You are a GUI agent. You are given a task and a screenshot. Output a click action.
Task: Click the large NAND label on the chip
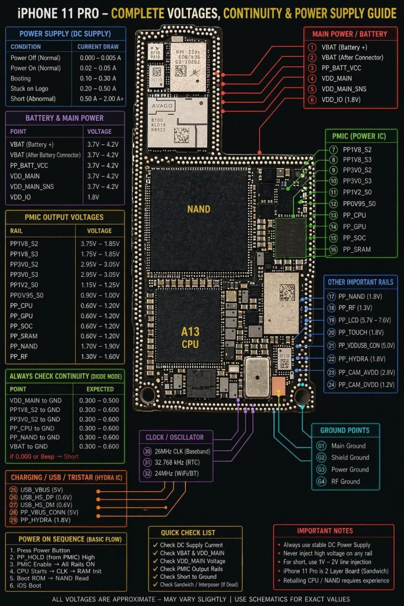click(199, 209)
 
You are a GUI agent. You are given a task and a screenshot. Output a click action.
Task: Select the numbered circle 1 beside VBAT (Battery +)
click(312, 47)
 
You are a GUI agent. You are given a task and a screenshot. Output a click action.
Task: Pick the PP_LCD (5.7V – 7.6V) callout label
click(364, 320)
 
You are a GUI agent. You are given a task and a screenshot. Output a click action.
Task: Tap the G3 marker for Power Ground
click(321, 469)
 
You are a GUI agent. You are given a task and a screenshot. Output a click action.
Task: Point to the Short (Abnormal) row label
click(34, 98)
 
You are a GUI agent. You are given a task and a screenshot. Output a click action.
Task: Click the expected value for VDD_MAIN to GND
click(99, 401)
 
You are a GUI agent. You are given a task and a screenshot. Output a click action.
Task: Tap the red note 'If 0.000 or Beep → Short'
click(44, 456)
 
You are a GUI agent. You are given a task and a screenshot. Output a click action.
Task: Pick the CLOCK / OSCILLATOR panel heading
click(174, 437)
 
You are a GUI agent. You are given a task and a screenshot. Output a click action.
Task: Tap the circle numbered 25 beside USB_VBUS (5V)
click(14, 489)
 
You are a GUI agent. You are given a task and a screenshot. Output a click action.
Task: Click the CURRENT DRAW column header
click(98, 47)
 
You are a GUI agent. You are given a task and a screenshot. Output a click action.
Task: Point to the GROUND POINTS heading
click(344, 430)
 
